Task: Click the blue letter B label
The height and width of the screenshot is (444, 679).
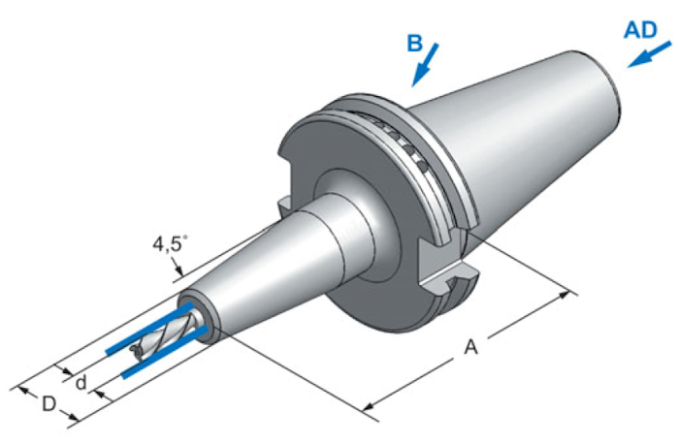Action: click(414, 44)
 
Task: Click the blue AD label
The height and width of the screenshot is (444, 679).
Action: click(640, 30)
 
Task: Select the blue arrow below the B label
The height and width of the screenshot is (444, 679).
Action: click(425, 65)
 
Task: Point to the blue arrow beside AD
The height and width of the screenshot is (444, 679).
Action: click(650, 54)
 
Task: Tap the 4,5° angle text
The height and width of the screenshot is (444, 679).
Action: click(170, 244)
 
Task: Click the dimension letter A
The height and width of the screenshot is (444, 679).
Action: click(470, 347)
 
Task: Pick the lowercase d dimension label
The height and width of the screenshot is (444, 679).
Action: click(81, 383)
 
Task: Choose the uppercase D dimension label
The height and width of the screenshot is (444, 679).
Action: click(48, 404)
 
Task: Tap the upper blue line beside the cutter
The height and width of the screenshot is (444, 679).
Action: click(149, 329)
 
